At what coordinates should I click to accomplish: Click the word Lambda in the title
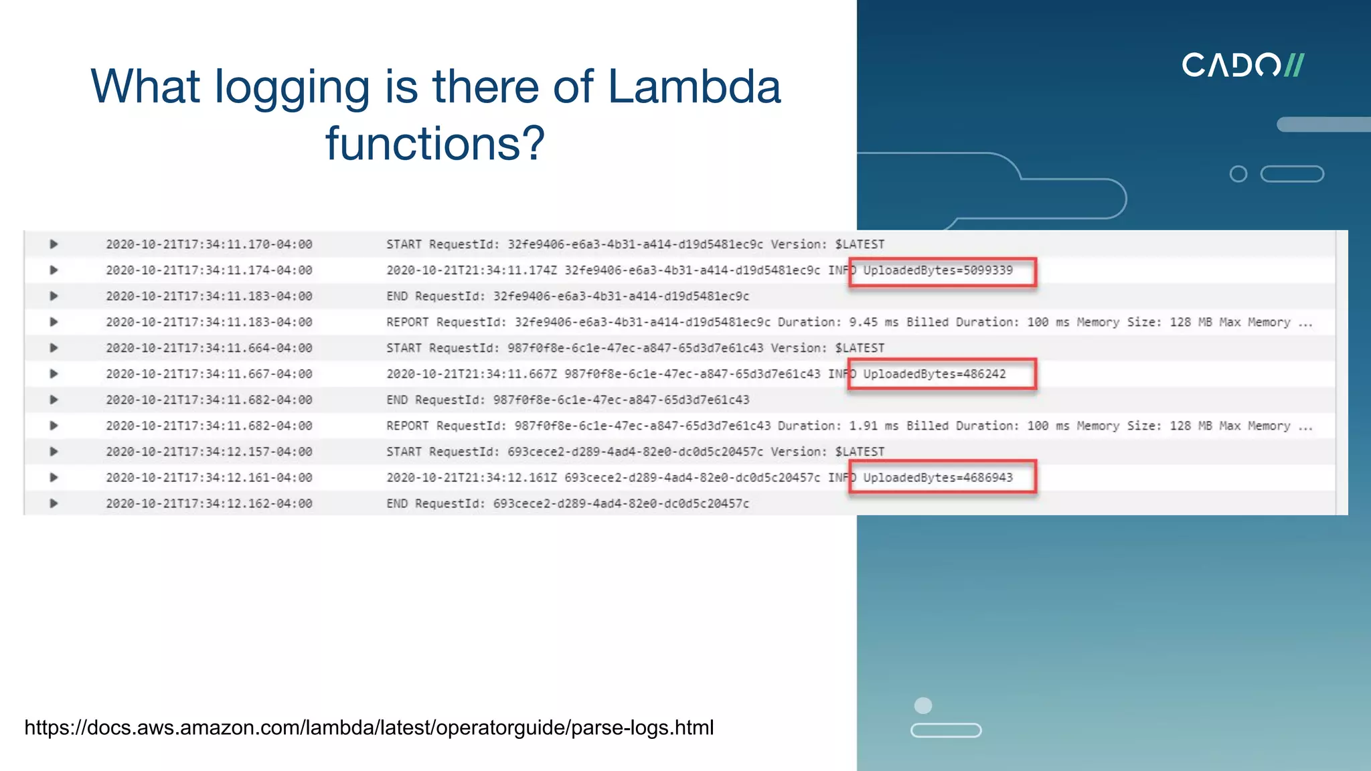click(x=694, y=87)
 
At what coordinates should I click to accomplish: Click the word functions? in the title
click(x=435, y=144)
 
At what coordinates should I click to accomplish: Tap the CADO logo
click(x=1242, y=66)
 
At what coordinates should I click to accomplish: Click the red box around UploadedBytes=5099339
click(x=943, y=272)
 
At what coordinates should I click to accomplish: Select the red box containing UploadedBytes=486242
click(x=943, y=374)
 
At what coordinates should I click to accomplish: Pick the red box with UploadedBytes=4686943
click(x=943, y=477)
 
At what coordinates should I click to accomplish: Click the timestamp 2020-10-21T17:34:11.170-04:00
click(x=209, y=245)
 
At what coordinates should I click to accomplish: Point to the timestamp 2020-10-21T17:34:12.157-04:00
click(x=209, y=452)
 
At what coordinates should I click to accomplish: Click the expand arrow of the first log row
click(x=54, y=244)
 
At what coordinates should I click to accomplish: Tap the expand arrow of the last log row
click(x=54, y=503)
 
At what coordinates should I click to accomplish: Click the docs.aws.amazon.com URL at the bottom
click(x=369, y=727)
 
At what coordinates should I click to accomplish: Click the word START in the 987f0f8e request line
click(x=404, y=348)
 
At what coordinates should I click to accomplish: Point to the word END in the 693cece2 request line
click(x=396, y=503)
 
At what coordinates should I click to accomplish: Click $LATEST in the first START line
click(x=860, y=245)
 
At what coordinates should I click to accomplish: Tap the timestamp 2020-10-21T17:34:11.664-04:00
click(x=209, y=348)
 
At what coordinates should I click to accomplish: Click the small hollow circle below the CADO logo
click(x=1238, y=174)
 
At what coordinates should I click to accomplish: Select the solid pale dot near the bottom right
click(x=923, y=705)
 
